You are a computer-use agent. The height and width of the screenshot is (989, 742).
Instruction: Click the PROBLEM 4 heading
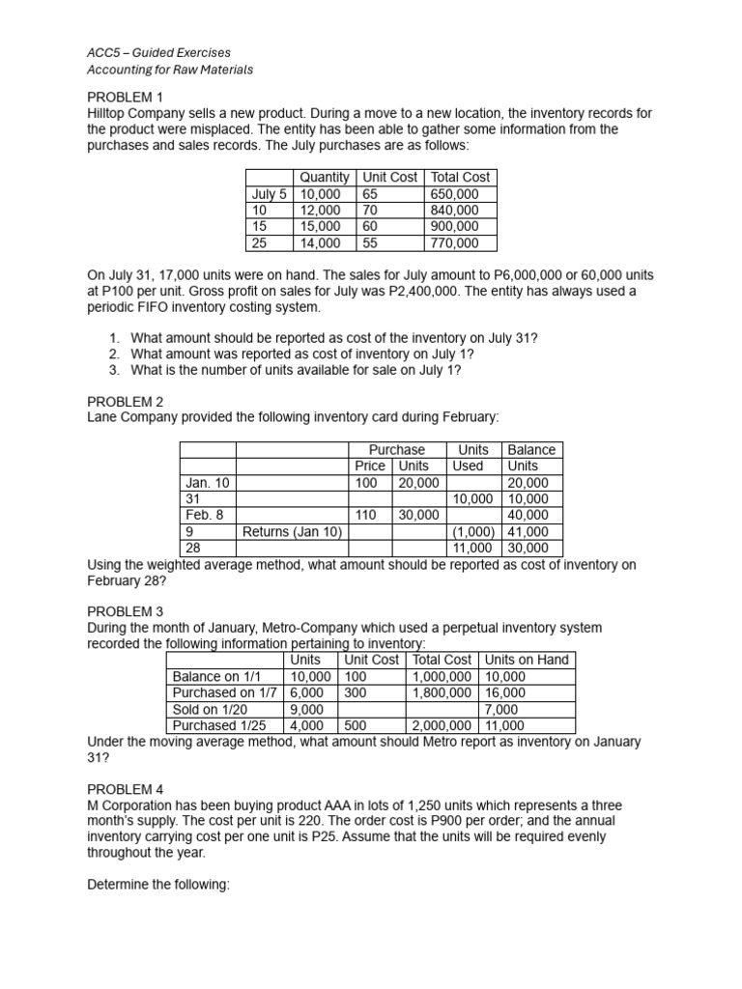click(x=126, y=789)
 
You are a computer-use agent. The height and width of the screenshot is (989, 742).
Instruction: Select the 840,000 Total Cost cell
click(x=453, y=211)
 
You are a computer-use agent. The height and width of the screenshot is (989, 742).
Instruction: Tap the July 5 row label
click(x=270, y=194)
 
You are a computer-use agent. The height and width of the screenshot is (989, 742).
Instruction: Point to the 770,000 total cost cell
click(x=453, y=243)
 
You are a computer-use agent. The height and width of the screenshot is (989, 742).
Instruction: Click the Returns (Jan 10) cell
click(x=293, y=531)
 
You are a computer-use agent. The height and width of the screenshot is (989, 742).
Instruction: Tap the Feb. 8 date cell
click(x=204, y=515)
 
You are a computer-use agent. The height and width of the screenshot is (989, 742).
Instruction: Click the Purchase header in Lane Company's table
click(x=396, y=450)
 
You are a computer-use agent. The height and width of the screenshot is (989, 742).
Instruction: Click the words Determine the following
click(x=157, y=884)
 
